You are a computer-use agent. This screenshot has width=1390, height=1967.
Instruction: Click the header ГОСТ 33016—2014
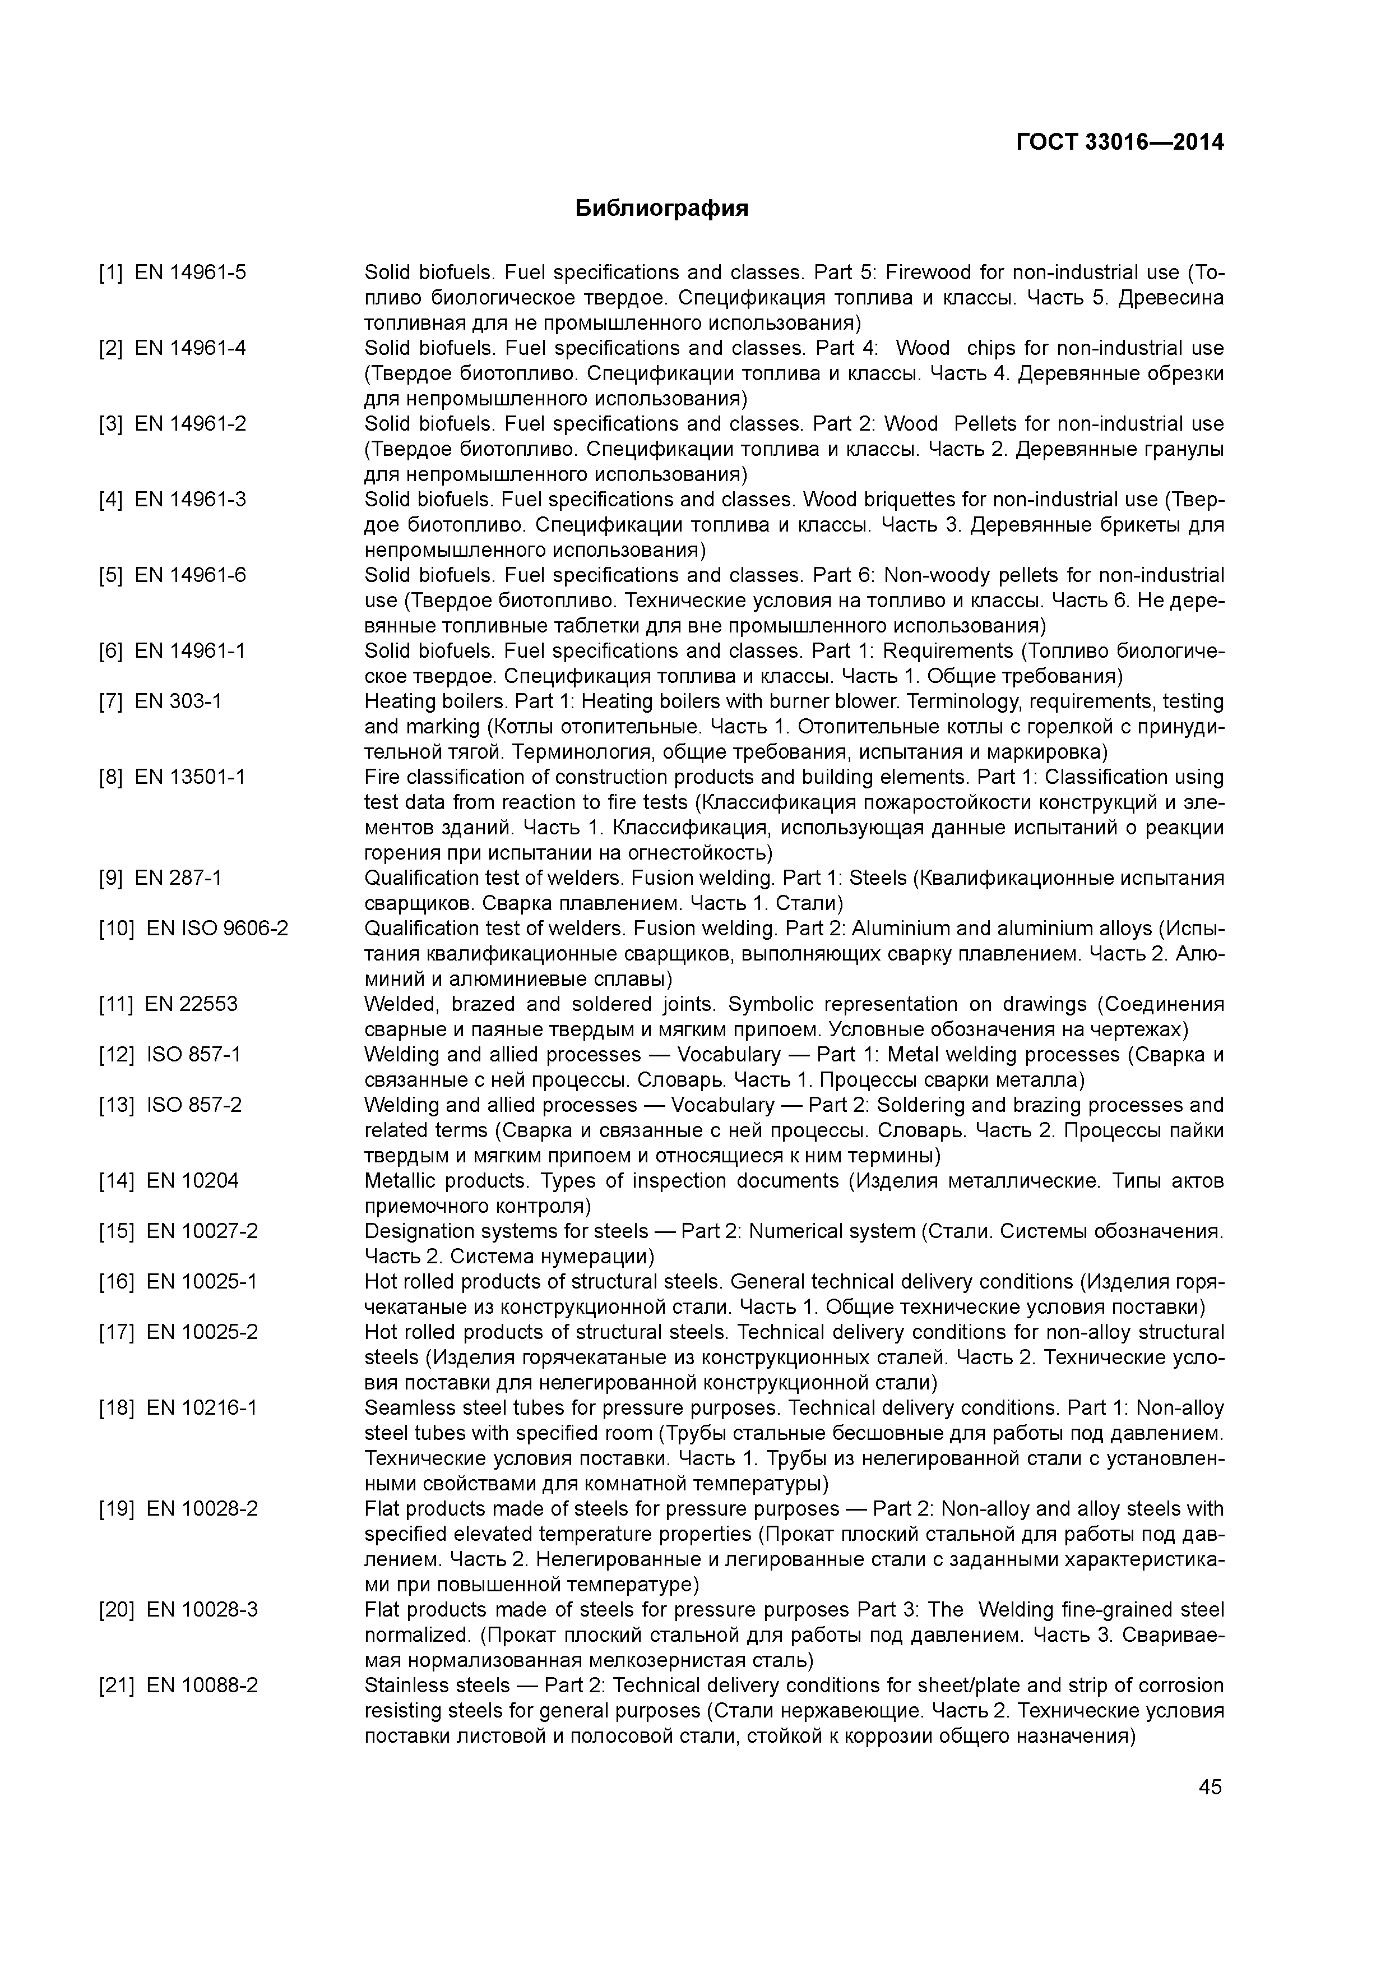pyautogui.click(x=1119, y=142)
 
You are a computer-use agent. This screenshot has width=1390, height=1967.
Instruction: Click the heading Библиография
pyautogui.click(x=661, y=208)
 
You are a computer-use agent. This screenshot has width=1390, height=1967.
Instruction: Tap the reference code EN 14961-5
pyautogui.click(x=190, y=273)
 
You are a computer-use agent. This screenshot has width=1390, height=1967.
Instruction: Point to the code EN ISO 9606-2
pyautogui.click(x=217, y=929)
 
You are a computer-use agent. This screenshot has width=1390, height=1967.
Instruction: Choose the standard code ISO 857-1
pyautogui.click(x=193, y=1055)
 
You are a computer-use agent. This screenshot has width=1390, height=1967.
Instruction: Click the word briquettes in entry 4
pyautogui.click(x=891, y=500)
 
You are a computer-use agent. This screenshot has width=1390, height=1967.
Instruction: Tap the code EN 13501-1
pyautogui.click(x=190, y=777)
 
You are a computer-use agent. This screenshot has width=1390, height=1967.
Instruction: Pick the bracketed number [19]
pyautogui.click(x=117, y=1509)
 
